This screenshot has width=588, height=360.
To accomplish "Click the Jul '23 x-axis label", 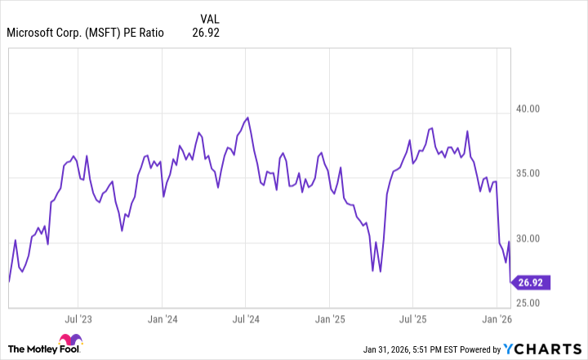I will [x=77, y=319].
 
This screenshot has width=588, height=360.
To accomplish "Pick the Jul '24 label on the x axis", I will [x=246, y=319].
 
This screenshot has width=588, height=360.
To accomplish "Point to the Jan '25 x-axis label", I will [x=330, y=319].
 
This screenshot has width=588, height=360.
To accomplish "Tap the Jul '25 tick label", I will [x=413, y=319].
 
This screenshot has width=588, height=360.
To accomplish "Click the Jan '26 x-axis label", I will [x=497, y=319].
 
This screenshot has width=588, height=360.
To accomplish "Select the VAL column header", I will [x=209, y=18].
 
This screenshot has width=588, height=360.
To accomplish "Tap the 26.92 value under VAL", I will [x=206, y=33].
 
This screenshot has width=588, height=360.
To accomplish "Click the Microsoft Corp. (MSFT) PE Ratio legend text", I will [x=85, y=33].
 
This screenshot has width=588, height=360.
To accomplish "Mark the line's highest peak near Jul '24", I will [x=247, y=117].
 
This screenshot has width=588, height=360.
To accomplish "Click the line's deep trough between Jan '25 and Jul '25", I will [x=372, y=271].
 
